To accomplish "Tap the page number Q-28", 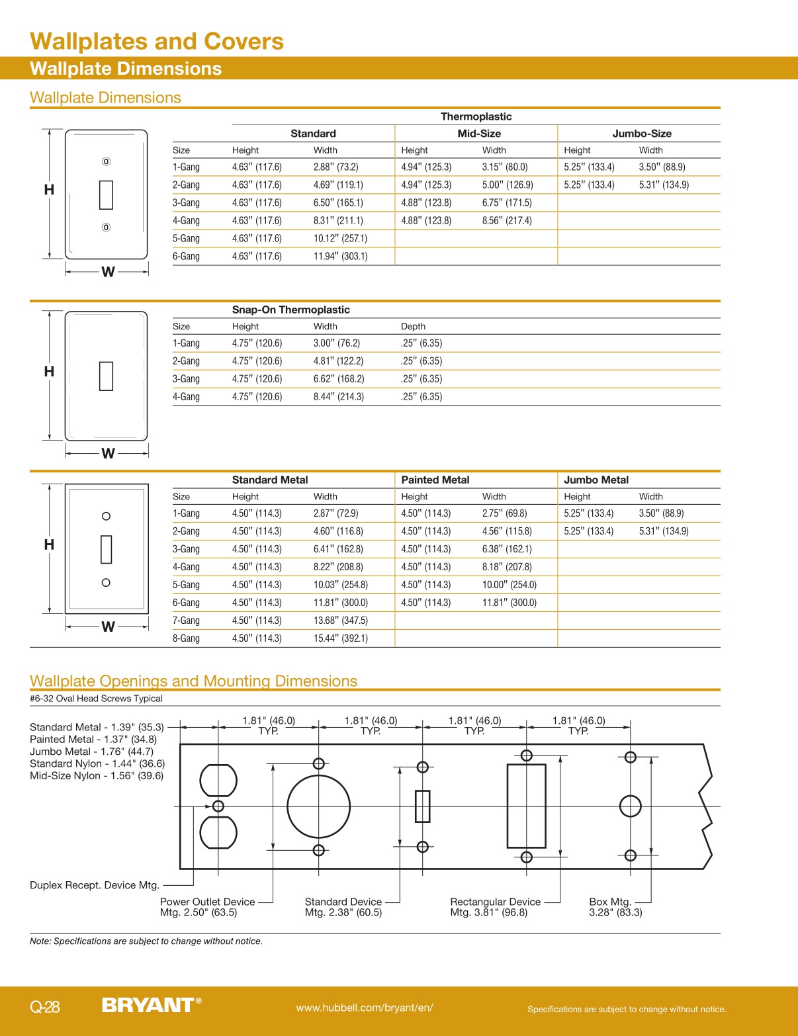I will (x=45, y=1007).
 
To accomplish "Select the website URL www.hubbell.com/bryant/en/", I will (x=365, y=1008).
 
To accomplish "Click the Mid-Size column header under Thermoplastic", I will (x=479, y=134).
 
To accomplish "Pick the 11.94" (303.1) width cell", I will (x=340, y=257).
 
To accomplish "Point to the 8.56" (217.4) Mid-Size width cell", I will (x=506, y=221).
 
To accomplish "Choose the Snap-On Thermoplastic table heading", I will (x=290, y=310).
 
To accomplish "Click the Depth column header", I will (x=413, y=326).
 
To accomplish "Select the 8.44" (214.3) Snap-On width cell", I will (x=338, y=397).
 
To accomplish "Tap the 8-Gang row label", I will (x=186, y=638).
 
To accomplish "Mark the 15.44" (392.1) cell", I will (x=340, y=638).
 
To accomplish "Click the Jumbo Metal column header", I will (x=596, y=480).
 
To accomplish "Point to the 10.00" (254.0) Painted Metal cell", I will (x=509, y=585).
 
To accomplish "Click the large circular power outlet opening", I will (x=318, y=806).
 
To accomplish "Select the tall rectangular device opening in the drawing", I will (x=526, y=806).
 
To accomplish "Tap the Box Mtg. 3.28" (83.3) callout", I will (x=615, y=907).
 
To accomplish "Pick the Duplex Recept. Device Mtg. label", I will (x=95, y=885).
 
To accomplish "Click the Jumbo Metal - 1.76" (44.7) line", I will (x=91, y=752).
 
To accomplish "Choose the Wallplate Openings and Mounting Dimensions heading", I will (x=193, y=681).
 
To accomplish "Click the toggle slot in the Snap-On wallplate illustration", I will (x=106, y=376).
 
